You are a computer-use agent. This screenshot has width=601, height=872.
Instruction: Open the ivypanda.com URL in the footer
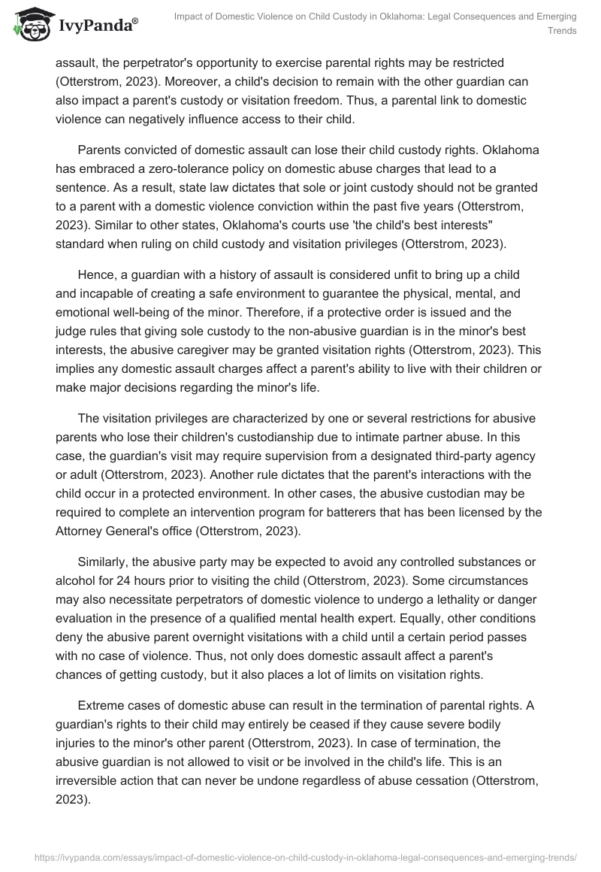click(300, 856)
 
